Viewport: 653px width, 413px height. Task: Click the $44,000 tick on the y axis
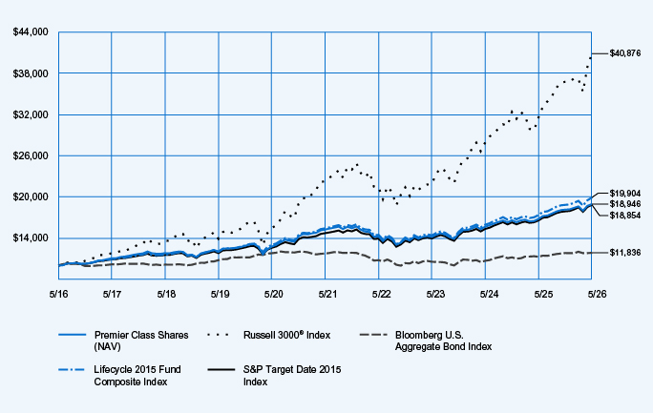[31, 32]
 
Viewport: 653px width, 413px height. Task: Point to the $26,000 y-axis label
[31, 156]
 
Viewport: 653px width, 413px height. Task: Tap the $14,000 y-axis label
[31, 238]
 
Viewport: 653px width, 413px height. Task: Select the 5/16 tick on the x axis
[59, 294]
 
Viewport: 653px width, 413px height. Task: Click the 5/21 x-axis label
[327, 294]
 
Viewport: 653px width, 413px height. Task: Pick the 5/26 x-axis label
[598, 294]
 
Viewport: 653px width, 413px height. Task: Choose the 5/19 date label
[220, 294]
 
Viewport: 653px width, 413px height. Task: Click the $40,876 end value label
[625, 53]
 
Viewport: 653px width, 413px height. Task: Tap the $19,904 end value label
[625, 194]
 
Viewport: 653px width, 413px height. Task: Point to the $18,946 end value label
[625, 204]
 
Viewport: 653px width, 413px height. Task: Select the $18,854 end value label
[625, 216]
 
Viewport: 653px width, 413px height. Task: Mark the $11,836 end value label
[625, 253]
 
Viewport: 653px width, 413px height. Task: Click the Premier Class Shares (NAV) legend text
[141, 341]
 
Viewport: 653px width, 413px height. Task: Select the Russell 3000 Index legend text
[287, 335]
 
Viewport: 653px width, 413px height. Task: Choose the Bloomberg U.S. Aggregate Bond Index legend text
[444, 341]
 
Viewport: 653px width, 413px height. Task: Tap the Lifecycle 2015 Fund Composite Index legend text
[137, 376]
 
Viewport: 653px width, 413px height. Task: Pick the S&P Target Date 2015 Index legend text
[292, 376]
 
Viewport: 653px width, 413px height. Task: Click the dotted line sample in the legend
[219, 335]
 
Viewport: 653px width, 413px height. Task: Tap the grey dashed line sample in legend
[373, 335]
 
